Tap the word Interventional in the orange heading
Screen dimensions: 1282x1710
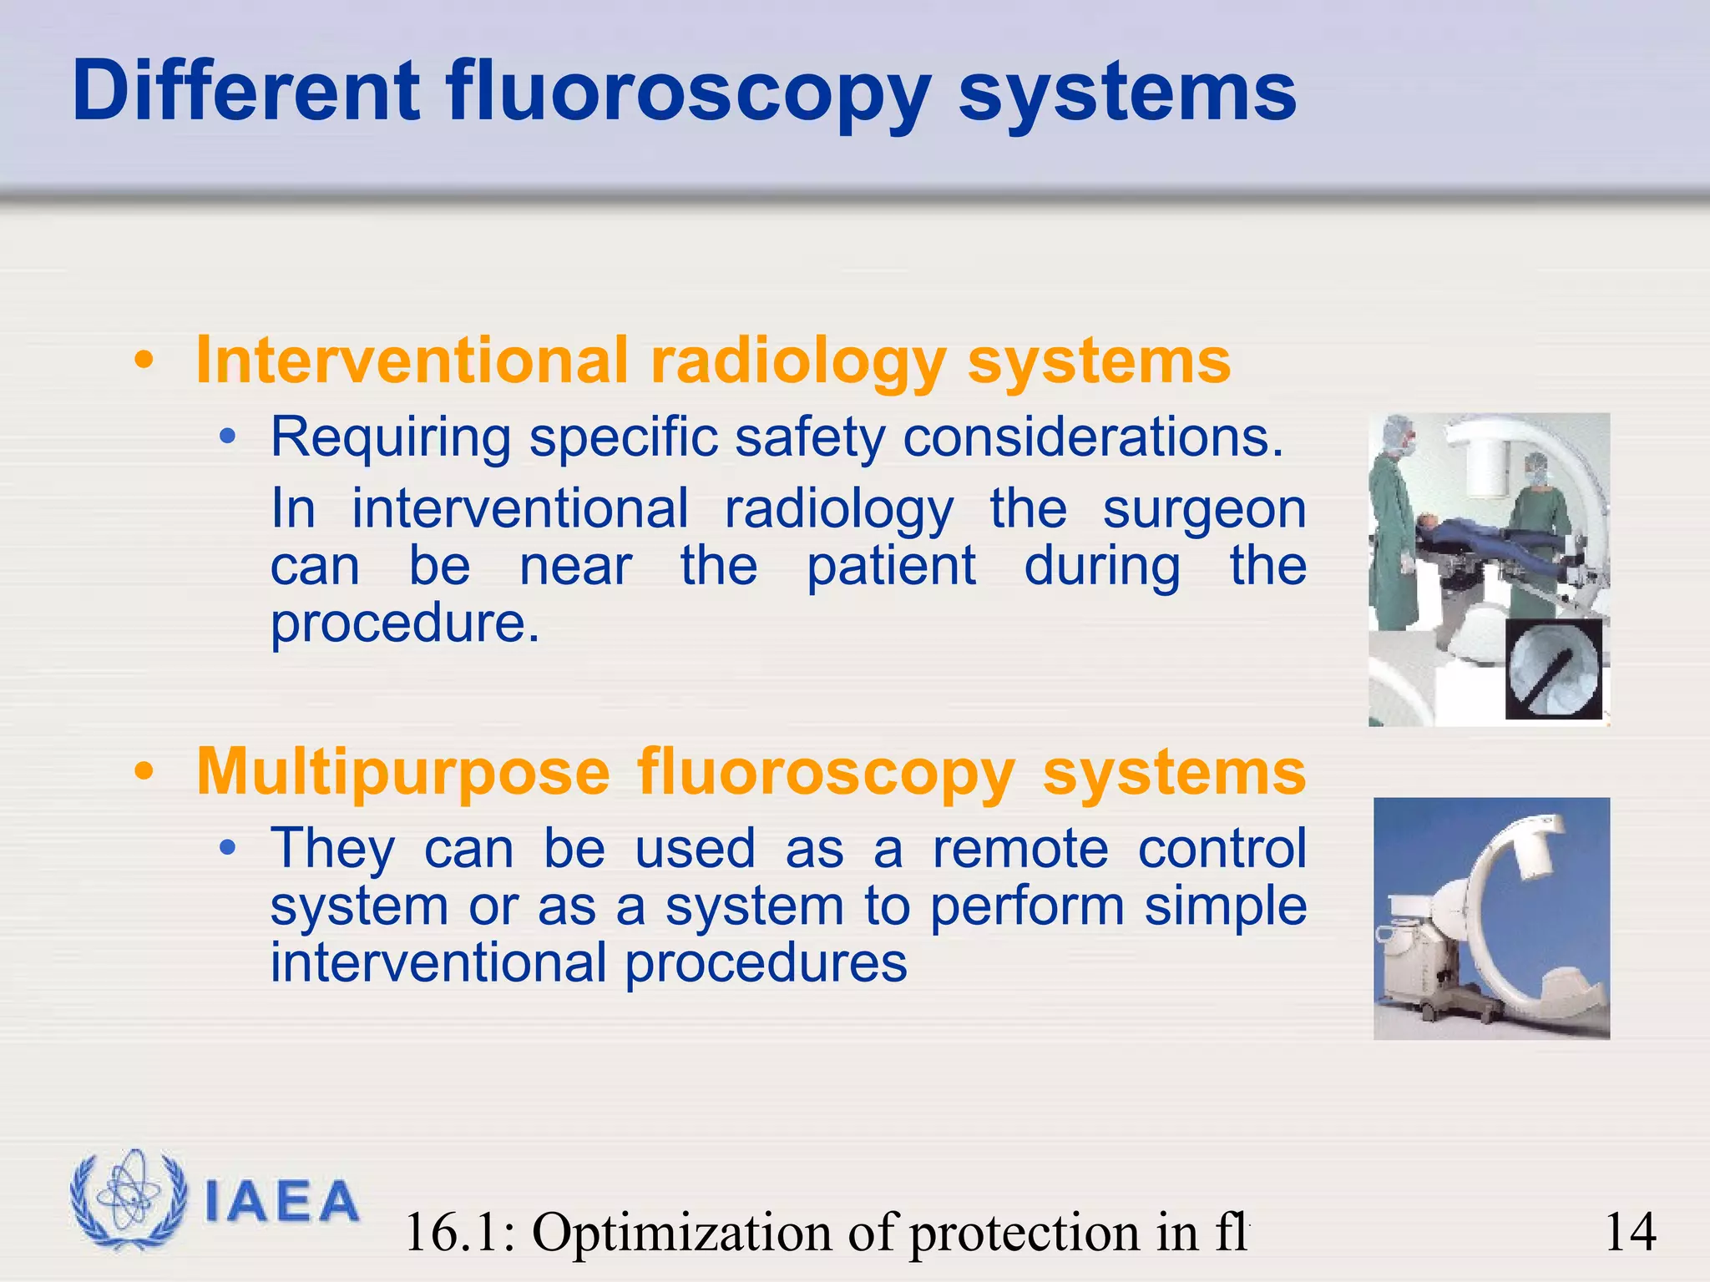[x=412, y=361]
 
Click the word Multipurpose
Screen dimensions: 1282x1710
[x=403, y=772]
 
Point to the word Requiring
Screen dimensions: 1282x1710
[x=390, y=437]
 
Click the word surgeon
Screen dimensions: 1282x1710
[x=1203, y=510]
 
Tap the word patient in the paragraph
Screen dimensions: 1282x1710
[x=891, y=567]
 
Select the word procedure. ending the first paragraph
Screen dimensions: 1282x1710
[x=405, y=623]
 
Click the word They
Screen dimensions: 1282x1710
[x=332, y=849]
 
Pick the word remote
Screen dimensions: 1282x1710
[x=1020, y=849]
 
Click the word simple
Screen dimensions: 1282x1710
[x=1225, y=906]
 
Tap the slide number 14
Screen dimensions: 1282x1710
[x=1630, y=1232]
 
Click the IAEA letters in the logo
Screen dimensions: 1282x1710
[x=281, y=1202]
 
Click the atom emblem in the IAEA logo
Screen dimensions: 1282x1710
[x=127, y=1199]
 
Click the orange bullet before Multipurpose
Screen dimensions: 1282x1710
[x=144, y=773]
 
